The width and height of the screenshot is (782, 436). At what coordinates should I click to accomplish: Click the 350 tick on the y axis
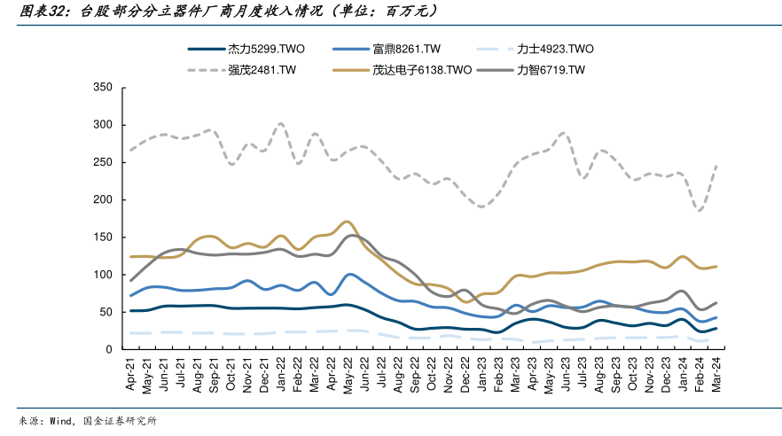tap(102, 88)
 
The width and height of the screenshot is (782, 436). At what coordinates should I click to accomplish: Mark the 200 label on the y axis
tap(102, 200)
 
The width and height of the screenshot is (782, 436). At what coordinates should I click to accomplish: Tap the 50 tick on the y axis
tap(106, 312)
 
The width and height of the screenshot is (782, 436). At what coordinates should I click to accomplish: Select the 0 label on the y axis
tap(108, 349)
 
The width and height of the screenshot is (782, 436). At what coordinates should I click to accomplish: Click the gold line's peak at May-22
tap(348, 222)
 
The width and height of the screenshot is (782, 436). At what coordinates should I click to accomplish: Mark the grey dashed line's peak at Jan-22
tap(281, 124)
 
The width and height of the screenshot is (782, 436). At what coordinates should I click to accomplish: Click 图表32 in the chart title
tap(37, 12)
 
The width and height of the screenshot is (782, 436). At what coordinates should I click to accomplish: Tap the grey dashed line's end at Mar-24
tap(716, 166)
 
